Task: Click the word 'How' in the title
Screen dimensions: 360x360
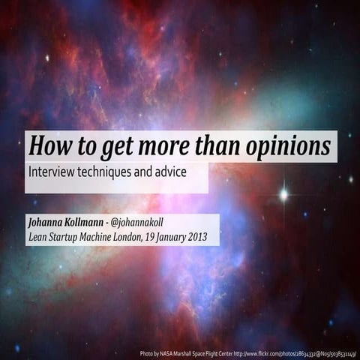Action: (x=49, y=145)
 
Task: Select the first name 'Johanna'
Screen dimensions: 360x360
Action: (x=46, y=223)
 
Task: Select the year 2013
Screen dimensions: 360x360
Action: (x=206, y=238)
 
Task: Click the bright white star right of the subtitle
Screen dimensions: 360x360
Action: (x=284, y=194)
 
